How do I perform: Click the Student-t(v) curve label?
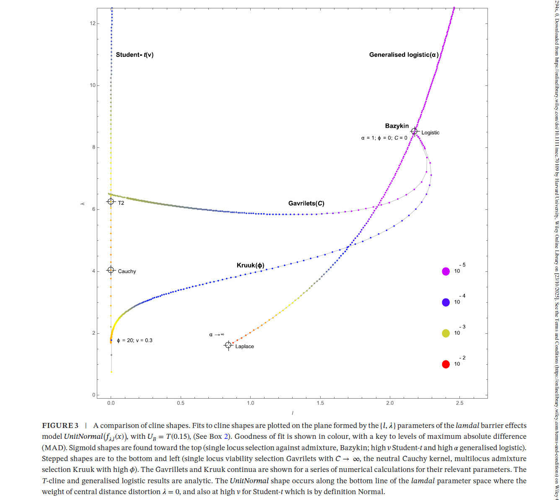coord(135,55)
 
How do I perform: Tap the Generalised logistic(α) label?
coord(404,55)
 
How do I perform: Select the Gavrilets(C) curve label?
coord(306,204)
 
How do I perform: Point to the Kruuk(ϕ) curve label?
coord(250,265)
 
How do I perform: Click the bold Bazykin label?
coord(397,126)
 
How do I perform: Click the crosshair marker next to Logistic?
coord(414,131)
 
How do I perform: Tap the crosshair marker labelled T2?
coord(111,202)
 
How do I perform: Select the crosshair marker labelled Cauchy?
coord(111,270)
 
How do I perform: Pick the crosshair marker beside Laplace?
coord(228,345)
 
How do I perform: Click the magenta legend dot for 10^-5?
coord(446,271)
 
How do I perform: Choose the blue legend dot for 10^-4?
coord(446,302)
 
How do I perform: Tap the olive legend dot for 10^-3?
coord(446,333)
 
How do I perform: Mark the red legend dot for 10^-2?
coord(446,364)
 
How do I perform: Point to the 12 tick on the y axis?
coord(93,23)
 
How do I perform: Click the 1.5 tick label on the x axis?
coord(320,403)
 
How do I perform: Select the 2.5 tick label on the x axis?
coord(459,403)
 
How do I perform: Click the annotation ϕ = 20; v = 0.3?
coord(135,340)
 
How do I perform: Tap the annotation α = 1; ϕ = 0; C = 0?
coord(384,138)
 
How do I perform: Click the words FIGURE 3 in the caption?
coord(60,425)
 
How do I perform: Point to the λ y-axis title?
coord(83,204)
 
